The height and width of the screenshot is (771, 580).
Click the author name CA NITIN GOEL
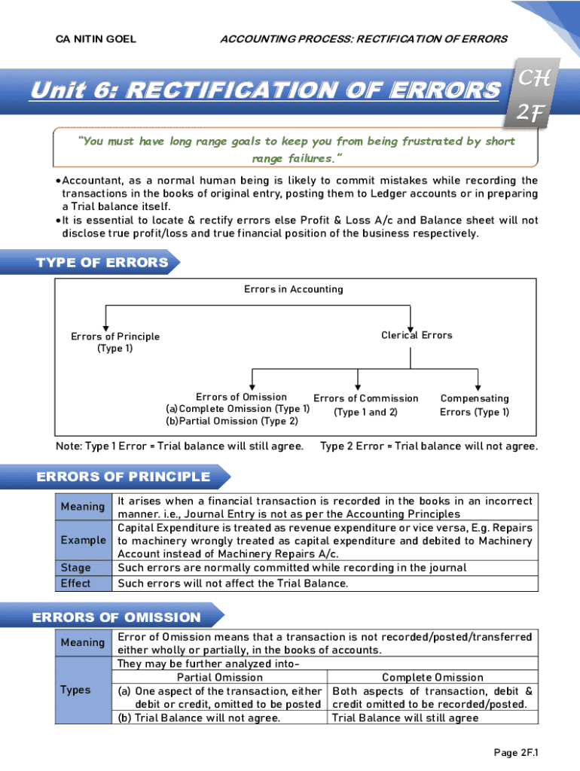[96, 39]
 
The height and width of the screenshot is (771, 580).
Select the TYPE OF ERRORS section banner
[102, 263]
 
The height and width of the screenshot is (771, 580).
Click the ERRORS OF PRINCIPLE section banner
[124, 477]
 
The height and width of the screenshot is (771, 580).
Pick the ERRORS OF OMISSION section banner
[117, 617]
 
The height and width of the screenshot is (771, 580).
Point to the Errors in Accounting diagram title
[293, 289]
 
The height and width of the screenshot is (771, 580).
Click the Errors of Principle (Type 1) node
[115, 343]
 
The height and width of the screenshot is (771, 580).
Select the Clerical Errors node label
[417, 335]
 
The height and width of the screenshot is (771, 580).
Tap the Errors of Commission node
[365, 405]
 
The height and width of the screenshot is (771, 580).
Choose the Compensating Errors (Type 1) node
[475, 405]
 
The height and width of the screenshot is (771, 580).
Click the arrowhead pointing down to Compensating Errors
[478, 386]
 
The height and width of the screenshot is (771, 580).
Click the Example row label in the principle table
[84, 540]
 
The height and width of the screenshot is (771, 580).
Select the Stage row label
[75, 568]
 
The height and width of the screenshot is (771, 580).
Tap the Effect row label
[75, 584]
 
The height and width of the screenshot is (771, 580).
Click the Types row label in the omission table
[75, 690]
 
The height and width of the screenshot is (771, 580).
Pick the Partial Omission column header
[220, 678]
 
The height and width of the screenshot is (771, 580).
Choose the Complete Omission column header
[432, 678]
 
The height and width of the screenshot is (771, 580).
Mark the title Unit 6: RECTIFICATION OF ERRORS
[264, 91]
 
